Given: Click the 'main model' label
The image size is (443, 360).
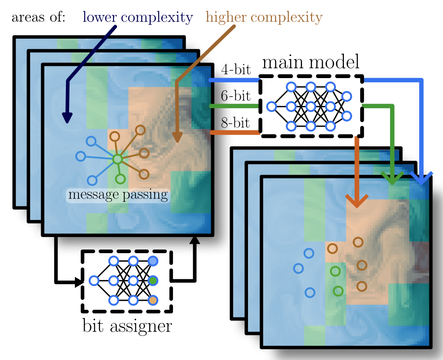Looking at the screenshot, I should [x=311, y=62].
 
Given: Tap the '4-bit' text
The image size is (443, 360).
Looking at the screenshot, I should [x=236, y=70].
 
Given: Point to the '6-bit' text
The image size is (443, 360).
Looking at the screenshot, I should [x=236, y=96].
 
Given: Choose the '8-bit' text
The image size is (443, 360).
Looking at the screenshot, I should [x=236, y=122].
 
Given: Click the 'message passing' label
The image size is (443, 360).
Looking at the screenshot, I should [x=118, y=195].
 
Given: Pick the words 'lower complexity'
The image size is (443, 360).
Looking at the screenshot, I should [x=138, y=18].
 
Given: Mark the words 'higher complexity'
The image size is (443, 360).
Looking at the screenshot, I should [x=264, y=18].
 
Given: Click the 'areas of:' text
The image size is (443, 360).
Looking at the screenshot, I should [x=39, y=18].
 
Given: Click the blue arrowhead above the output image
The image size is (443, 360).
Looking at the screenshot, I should [x=421, y=178].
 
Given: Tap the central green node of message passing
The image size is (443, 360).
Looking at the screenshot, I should [x=117, y=159].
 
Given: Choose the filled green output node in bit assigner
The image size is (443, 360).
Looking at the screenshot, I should [x=153, y=281].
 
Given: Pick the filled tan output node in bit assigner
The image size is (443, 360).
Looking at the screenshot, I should [x=153, y=300].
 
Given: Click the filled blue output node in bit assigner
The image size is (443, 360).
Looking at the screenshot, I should [x=153, y=261].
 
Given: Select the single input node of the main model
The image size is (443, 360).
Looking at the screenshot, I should [x=271, y=106].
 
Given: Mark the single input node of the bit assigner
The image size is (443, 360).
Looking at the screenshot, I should [x=94, y=281].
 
